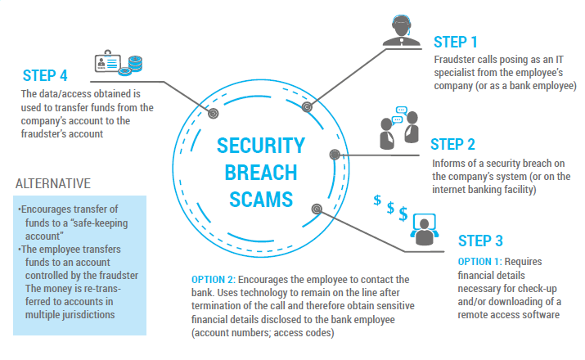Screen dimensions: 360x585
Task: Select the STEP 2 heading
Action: click(x=452, y=145)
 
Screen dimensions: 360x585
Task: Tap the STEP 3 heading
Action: click(x=479, y=241)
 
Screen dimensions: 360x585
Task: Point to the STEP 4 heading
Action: click(x=45, y=76)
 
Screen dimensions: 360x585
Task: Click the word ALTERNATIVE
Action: click(x=52, y=182)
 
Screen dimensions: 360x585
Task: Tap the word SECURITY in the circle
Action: click(x=261, y=147)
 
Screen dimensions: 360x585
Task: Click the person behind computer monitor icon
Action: click(x=423, y=229)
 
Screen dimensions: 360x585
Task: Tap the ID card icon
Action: click(x=108, y=62)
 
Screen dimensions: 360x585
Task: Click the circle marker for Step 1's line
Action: click(x=307, y=106)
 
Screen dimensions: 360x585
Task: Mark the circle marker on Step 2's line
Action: click(x=335, y=154)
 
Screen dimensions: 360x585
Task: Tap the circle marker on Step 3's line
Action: click(x=316, y=209)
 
